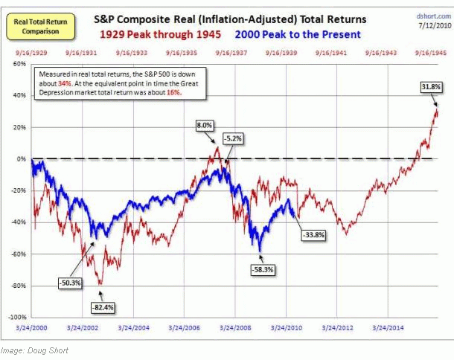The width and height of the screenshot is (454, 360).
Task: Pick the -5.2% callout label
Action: (231, 138)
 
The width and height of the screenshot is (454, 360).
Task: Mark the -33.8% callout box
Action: (312, 235)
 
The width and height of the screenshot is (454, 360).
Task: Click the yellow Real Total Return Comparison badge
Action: (28, 28)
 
